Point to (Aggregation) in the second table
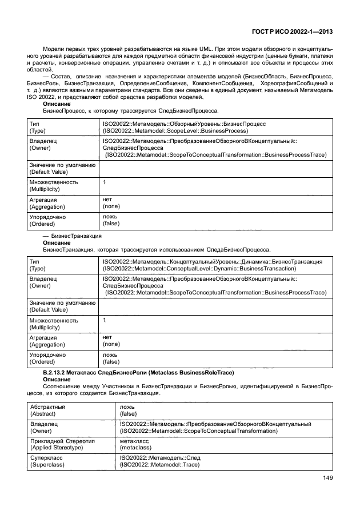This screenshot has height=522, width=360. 47,345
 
